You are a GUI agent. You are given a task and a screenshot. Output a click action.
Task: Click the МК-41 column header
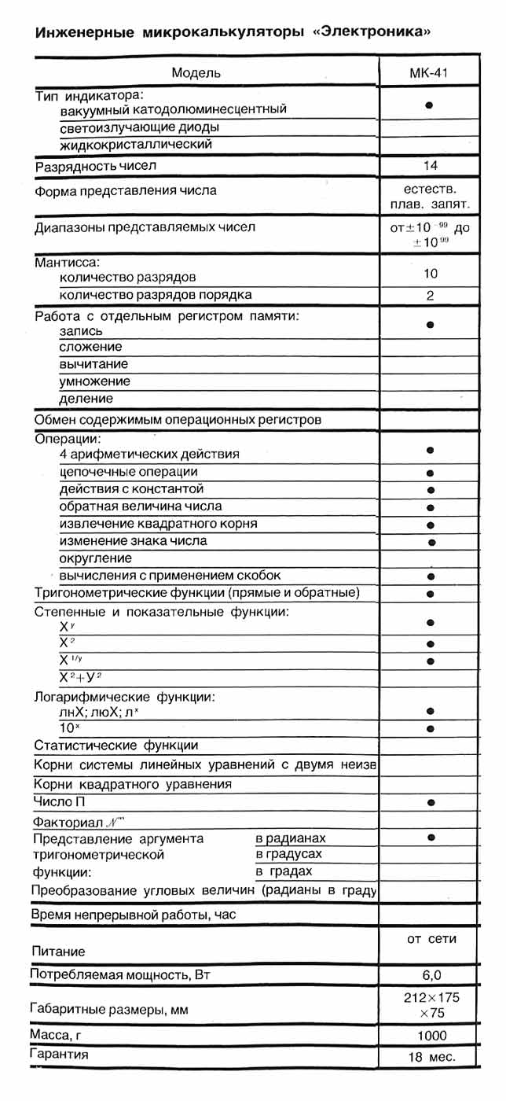click(430, 73)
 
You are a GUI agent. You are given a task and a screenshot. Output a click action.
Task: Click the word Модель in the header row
click(196, 73)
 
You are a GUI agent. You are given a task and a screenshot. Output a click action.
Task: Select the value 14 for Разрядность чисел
click(430, 166)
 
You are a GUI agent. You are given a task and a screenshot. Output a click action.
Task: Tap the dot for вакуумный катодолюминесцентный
click(430, 105)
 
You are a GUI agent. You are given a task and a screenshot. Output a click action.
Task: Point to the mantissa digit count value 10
click(430, 274)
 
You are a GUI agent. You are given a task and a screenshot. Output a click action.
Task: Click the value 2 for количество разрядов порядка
click(430, 296)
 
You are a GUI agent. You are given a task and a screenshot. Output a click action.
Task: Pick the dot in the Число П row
click(431, 803)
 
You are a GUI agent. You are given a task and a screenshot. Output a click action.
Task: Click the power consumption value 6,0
click(431, 975)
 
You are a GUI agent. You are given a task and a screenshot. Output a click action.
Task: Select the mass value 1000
click(431, 1035)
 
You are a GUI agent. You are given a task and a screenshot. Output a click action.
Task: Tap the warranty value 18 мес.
click(431, 1057)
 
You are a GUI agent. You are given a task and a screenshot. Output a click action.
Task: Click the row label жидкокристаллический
click(135, 145)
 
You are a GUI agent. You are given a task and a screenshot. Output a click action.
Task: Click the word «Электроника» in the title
click(370, 32)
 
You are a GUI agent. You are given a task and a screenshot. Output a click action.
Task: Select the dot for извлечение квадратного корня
click(431, 525)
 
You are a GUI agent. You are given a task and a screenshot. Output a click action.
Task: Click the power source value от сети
click(431, 939)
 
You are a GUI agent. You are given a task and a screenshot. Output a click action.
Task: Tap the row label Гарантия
click(58, 1054)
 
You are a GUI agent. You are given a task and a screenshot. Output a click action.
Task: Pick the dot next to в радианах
click(431, 838)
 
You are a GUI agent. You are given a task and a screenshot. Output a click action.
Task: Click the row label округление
click(96, 558)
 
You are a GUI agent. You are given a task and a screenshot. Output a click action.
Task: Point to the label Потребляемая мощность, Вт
click(121, 975)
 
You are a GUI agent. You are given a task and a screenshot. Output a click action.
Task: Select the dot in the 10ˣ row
click(431, 728)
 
